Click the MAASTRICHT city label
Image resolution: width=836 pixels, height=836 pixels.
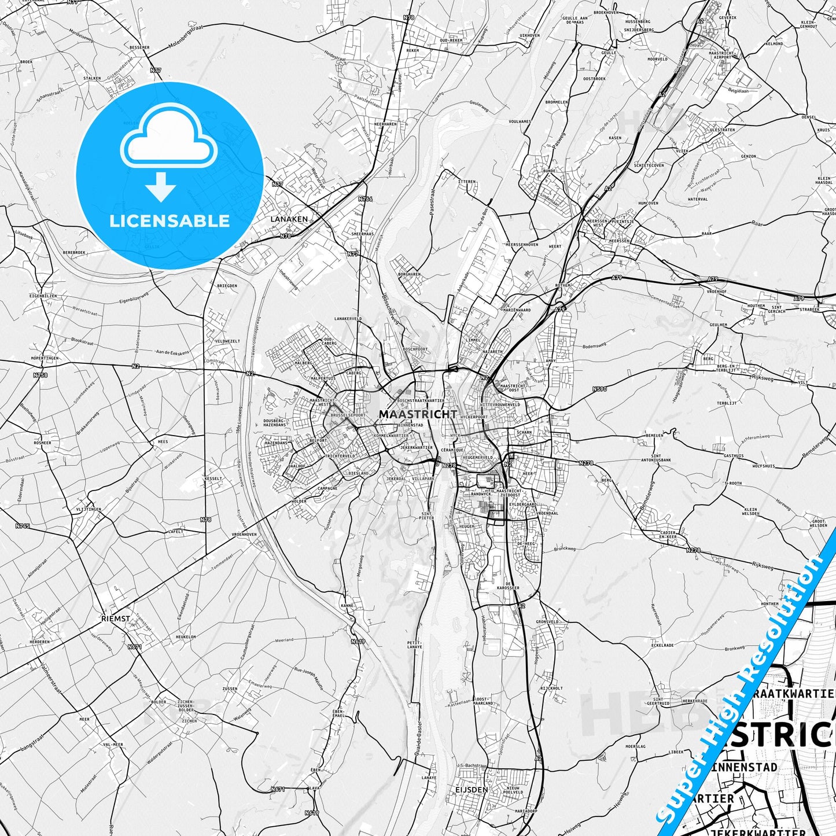click(x=418, y=414)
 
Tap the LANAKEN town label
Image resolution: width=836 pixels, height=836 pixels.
click(x=289, y=219)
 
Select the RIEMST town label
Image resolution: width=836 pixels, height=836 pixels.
click(x=115, y=618)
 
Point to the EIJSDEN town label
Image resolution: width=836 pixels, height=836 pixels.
click(x=472, y=789)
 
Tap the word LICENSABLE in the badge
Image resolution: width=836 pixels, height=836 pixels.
click(x=169, y=221)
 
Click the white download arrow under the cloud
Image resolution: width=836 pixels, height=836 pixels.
click(x=161, y=186)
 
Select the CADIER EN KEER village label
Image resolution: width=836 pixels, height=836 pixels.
click(x=668, y=535)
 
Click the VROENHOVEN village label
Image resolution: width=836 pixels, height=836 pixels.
click(x=244, y=535)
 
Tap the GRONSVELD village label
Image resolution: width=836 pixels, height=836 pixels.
click(x=547, y=622)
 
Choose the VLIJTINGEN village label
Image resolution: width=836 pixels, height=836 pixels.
click(x=89, y=509)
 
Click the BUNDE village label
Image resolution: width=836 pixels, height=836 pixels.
click(x=550, y=171)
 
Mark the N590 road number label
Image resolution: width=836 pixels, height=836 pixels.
click(x=600, y=389)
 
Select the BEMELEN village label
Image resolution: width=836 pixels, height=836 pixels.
click(x=654, y=435)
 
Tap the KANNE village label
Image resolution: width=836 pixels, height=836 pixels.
click(x=347, y=606)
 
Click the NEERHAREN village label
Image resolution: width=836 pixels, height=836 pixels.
click(x=385, y=124)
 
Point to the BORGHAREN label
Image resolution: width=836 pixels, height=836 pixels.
click(x=409, y=274)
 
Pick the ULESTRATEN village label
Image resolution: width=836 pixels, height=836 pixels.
click(x=722, y=130)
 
